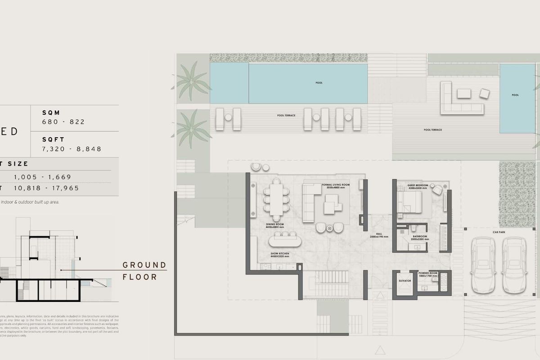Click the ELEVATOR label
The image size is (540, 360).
pos(405,281)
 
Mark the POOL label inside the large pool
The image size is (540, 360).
pos(319,83)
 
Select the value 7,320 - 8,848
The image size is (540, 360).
pos(72,149)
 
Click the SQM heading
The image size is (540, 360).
pos(51,113)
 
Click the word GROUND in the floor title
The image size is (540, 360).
pos(144,265)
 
